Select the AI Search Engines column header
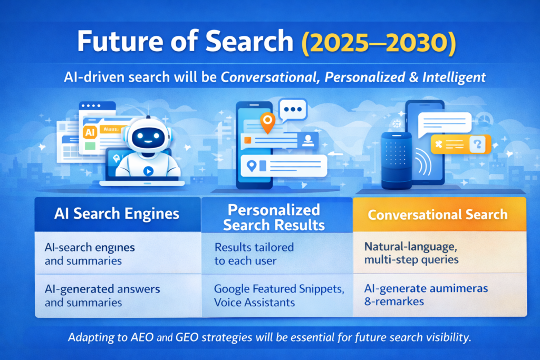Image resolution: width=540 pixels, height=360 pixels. [x=117, y=214]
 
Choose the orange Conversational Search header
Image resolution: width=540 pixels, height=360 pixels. [x=438, y=215]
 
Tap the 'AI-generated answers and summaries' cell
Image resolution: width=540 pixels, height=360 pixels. [x=102, y=295]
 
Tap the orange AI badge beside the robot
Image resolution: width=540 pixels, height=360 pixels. [x=90, y=133]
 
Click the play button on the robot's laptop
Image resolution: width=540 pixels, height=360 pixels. [x=148, y=171]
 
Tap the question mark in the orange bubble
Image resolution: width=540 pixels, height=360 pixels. [x=478, y=143]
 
